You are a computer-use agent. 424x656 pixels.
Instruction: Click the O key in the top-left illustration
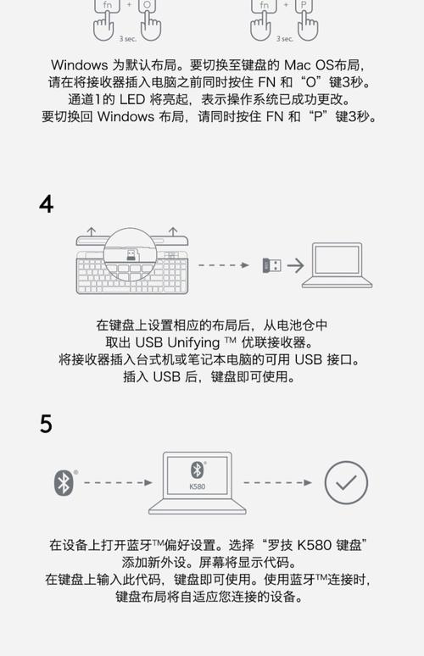coord(146,6)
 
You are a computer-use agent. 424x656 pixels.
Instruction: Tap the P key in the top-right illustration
coord(304,6)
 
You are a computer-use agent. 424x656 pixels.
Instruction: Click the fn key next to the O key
coord(109,6)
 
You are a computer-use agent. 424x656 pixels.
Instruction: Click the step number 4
coord(47,204)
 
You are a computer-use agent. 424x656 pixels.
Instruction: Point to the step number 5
coord(47,423)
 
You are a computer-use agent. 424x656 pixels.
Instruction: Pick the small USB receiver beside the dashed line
coord(271,265)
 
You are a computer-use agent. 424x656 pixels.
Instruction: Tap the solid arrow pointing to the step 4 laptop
coord(294,265)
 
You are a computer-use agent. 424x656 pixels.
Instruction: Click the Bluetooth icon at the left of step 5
coord(64,482)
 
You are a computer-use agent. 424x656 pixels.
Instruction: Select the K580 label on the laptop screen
coord(197,486)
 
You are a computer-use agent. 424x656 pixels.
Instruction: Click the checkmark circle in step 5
coord(346,482)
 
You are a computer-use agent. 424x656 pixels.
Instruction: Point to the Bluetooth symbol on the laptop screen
coord(197,470)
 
